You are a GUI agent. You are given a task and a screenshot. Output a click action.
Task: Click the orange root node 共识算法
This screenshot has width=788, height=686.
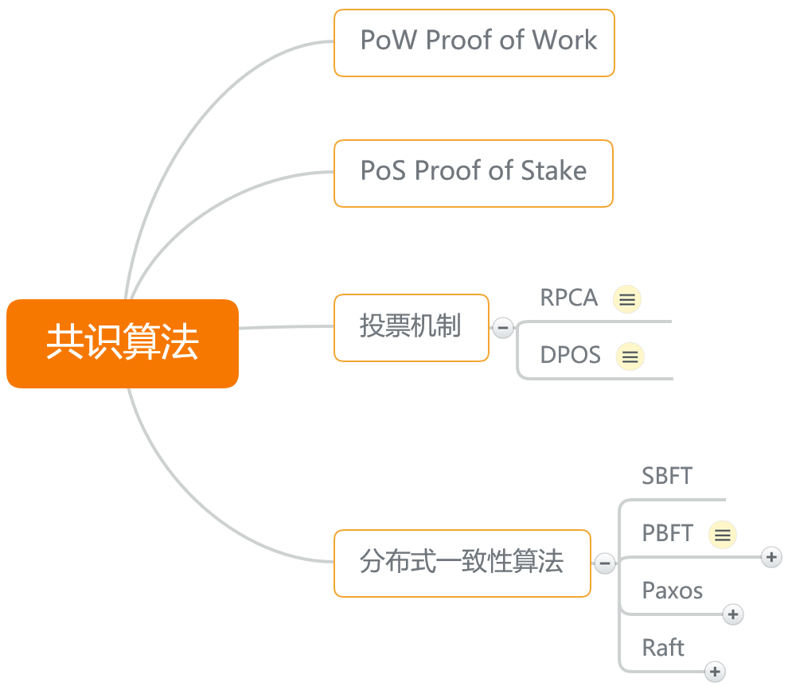tap(123, 343)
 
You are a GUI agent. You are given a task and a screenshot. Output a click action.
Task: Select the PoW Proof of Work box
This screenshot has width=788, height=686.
tap(474, 43)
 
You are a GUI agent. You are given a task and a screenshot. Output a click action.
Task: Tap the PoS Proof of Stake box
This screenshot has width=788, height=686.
tap(474, 173)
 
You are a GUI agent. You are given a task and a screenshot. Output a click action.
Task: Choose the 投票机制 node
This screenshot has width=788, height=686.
tap(411, 328)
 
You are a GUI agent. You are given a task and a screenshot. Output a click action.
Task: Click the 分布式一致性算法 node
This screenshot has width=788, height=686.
tap(462, 563)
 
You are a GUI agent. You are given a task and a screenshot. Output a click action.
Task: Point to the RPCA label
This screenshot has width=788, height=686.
tap(569, 298)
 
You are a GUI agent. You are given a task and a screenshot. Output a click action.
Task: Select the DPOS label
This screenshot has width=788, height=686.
tap(571, 355)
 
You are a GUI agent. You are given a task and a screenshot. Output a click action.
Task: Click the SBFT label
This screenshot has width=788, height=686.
tap(667, 476)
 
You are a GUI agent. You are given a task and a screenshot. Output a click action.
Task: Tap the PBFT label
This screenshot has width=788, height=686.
tap(668, 533)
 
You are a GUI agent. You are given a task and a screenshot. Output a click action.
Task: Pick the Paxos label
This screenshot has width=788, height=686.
tap(673, 591)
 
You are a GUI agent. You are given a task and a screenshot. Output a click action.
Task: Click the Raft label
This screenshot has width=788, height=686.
tap(663, 648)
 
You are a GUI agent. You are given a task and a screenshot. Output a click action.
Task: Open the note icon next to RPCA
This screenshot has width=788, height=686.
tap(627, 299)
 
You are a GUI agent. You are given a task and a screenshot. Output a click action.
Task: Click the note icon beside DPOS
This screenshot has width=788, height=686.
tap(630, 357)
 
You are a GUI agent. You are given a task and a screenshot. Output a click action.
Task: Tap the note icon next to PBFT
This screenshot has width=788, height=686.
tap(723, 534)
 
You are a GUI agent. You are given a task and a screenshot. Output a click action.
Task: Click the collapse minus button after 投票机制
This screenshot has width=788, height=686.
tap(503, 328)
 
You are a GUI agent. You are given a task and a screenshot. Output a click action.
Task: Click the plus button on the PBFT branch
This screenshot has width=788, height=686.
tap(771, 557)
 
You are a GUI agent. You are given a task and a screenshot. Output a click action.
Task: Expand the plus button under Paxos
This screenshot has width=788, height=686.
tap(733, 614)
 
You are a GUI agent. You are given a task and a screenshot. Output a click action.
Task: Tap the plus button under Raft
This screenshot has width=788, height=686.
tap(715, 672)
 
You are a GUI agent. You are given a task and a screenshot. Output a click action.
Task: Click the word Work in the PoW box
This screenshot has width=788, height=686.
tap(564, 40)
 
